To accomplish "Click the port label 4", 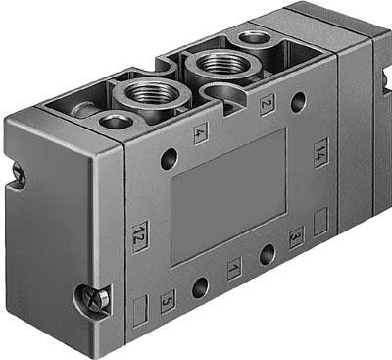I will click(x=200, y=136).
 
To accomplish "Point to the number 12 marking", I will click(x=139, y=235).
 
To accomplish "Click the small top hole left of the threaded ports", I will click(x=115, y=121).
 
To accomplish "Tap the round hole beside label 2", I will click(x=297, y=101).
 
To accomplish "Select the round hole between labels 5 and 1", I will click(x=200, y=287).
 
